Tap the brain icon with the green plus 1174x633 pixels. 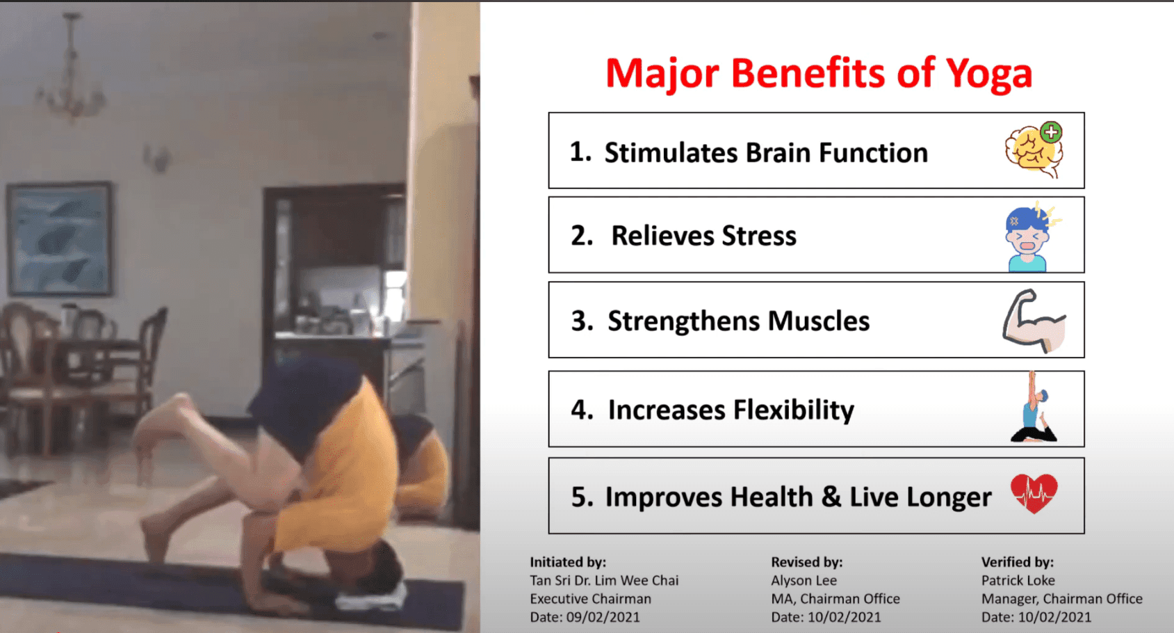point(1034,150)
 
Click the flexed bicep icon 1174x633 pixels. point(1034,321)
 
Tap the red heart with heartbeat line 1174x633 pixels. point(1034,493)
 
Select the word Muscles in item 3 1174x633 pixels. point(818,321)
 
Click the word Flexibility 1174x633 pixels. point(794,410)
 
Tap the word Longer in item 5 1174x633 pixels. point(949,497)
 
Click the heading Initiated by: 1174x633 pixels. point(568,562)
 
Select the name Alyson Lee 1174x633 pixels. point(804,581)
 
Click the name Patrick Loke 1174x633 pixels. point(1018,581)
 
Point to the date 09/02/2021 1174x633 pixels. point(603,617)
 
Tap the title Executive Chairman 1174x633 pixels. point(590,599)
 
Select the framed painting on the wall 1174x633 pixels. point(60,239)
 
